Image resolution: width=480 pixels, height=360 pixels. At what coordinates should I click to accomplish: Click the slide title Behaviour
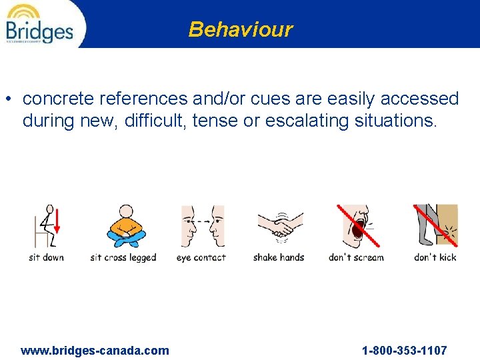tap(240, 29)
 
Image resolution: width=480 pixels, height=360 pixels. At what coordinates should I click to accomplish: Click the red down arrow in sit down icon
tap(57, 222)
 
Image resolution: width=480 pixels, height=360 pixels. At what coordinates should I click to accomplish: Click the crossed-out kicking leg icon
tap(435, 226)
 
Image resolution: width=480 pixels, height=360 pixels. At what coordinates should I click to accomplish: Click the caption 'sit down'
tap(46, 257)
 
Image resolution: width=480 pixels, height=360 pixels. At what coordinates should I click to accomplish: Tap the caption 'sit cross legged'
tap(123, 257)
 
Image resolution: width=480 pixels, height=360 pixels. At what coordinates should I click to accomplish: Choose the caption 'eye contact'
tap(201, 257)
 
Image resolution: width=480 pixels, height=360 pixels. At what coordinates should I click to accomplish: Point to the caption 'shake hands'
tap(279, 257)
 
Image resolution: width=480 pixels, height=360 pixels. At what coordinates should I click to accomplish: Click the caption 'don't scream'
tap(356, 257)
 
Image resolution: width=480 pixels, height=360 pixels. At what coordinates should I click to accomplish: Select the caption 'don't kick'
tap(435, 257)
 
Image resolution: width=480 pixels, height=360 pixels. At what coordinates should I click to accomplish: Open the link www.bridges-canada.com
tap(95, 351)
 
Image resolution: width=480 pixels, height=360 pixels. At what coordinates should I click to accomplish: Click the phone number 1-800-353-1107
tap(404, 351)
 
